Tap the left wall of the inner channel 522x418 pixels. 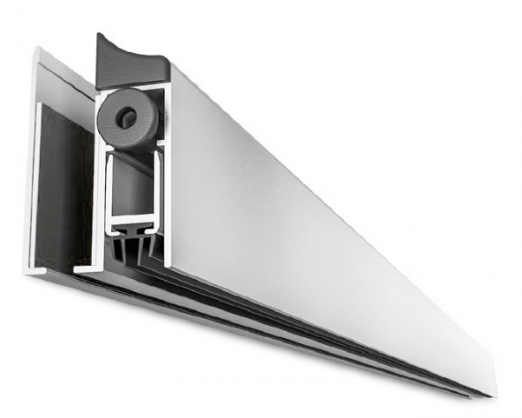pyautogui.click(x=106, y=191)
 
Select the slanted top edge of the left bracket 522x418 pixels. pyautogui.click(x=65, y=70)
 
